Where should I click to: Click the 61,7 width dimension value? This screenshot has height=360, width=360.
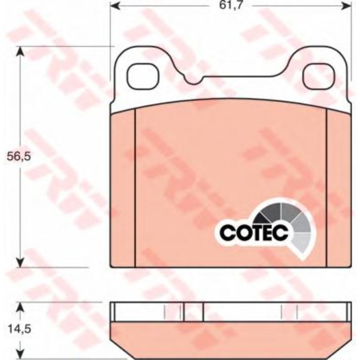(230, 5)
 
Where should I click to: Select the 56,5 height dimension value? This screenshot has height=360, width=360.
(19, 157)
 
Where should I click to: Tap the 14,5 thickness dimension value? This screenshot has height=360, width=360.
(20, 329)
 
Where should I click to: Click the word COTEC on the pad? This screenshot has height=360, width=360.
(254, 232)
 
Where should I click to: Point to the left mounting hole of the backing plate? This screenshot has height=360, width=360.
(143, 76)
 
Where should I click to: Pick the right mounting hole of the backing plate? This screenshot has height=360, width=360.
(319, 76)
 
